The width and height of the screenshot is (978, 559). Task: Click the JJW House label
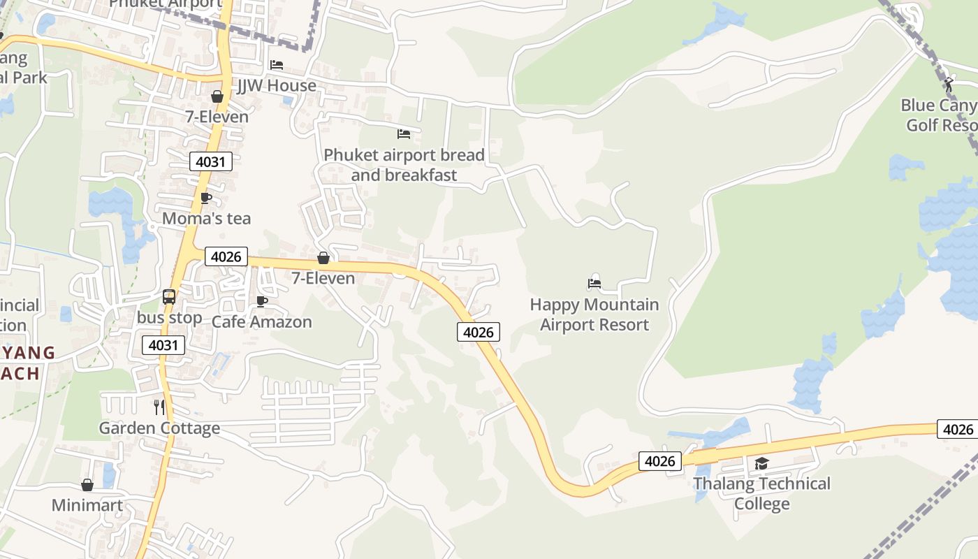click(x=276, y=86)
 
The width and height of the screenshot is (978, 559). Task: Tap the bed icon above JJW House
click(x=277, y=65)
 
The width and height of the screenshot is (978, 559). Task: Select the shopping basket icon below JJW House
click(x=217, y=96)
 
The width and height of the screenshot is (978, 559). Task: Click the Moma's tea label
click(x=206, y=219)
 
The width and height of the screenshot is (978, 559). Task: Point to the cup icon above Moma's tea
click(x=206, y=198)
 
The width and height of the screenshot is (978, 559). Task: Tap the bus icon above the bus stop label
click(x=169, y=297)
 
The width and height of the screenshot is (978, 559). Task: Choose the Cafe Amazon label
click(x=261, y=322)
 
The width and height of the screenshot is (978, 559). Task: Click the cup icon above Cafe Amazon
click(x=262, y=302)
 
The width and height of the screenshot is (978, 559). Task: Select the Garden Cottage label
click(x=159, y=428)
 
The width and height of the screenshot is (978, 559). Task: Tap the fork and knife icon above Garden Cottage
click(x=159, y=407)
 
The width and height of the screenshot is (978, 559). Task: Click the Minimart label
click(x=87, y=505)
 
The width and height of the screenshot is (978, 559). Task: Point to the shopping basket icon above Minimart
click(x=87, y=485)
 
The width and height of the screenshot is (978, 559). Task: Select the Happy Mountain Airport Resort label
click(x=594, y=314)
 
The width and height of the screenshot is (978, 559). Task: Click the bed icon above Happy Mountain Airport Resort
click(x=594, y=284)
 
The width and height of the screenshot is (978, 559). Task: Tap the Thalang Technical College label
click(x=761, y=493)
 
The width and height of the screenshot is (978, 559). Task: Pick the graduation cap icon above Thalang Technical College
click(x=761, y=464)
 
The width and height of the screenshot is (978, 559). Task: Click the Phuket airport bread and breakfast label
click(x=404, y=165)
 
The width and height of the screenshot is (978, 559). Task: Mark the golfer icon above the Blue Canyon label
click(x=948, y=85)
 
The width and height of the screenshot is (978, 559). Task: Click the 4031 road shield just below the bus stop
click(x=163, y=344)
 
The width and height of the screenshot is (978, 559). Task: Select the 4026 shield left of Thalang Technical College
click(x=659, y=461)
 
